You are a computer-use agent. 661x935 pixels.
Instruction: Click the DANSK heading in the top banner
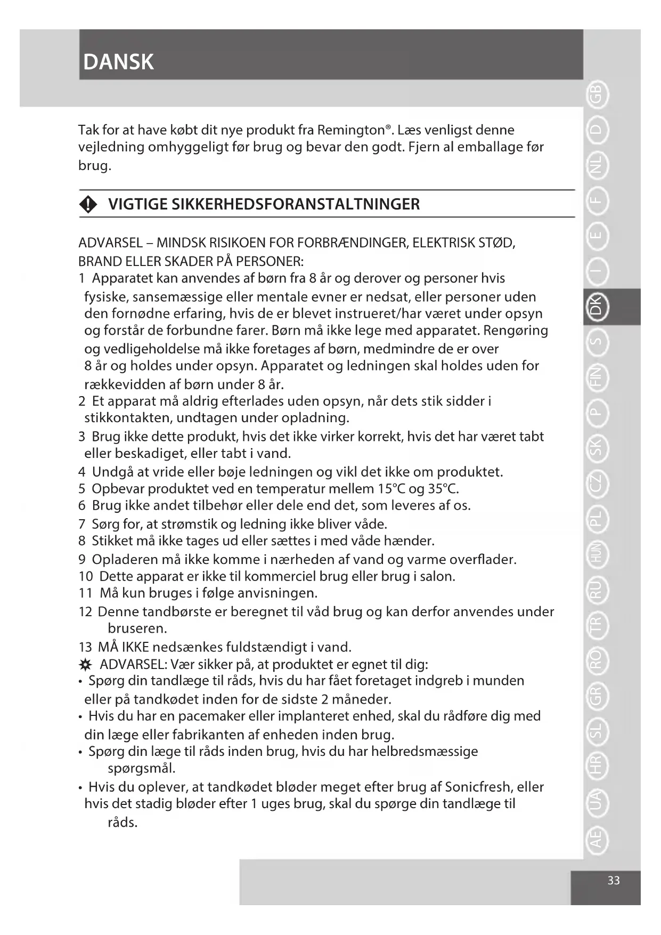(118, 62)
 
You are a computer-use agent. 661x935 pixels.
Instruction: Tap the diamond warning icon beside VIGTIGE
(88, 204)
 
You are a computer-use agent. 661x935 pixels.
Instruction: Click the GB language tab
(597, 94)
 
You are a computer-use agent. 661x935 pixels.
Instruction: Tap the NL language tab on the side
(597, 166)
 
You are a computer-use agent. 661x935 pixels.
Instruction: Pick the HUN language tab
(597, 553)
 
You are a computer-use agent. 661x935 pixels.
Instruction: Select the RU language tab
(597, 589)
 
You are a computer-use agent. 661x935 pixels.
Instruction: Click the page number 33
(614, 881)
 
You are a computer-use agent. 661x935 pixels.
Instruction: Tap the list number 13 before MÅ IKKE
(85, 648)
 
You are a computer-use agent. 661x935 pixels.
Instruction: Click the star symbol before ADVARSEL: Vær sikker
(85, 665)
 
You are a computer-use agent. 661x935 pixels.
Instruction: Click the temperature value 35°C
(443, 489)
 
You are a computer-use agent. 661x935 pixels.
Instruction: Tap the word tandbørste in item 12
(177, 612)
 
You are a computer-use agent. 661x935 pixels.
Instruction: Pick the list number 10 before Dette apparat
(86, 577)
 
